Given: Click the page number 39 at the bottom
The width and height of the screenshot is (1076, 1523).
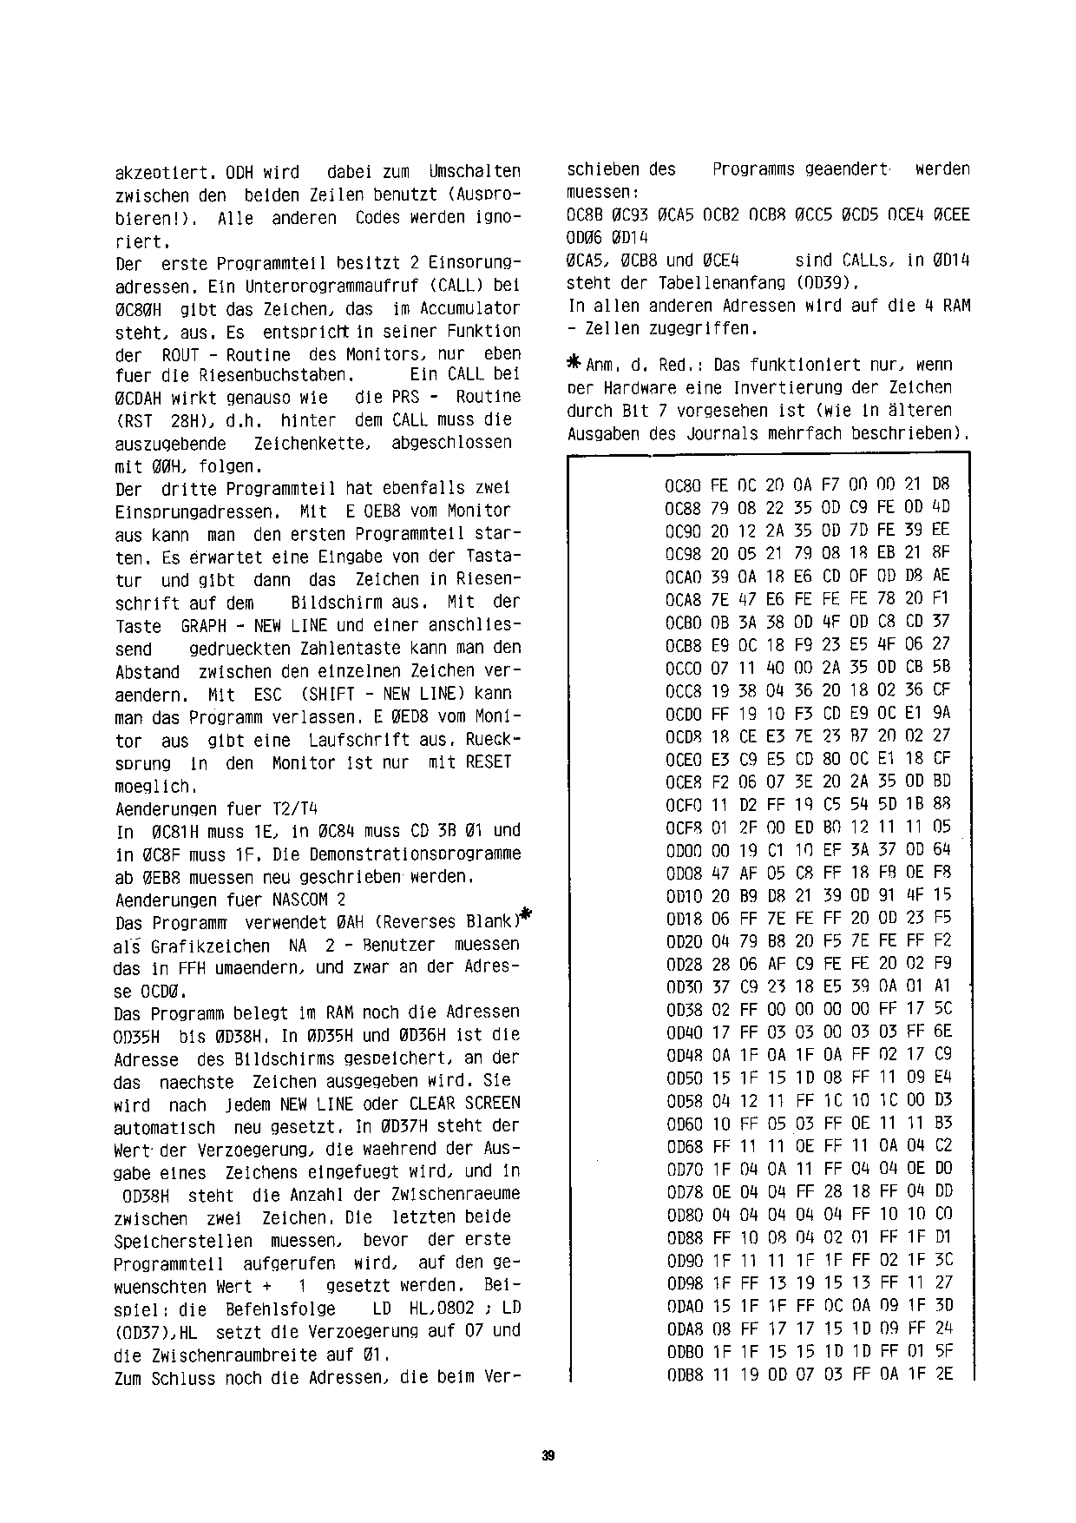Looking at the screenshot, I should tap(548, 1456).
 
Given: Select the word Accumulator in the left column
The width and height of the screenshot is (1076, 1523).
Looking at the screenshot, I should tap(469, 308).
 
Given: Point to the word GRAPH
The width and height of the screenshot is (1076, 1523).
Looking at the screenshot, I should tap(203, 625).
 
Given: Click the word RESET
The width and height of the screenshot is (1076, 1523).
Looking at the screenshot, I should tap(489, 762).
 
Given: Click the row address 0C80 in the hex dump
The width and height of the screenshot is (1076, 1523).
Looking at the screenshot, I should tap(682, 485).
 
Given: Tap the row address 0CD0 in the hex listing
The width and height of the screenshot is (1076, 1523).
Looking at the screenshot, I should tap(682, 713).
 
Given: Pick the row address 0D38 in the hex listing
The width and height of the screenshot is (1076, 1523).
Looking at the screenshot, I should tap(682, 1009).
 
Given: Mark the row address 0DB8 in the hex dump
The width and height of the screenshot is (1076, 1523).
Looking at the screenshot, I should tap(682, 1374).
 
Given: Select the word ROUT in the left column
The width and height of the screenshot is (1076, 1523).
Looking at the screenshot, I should tap(181, 354).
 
